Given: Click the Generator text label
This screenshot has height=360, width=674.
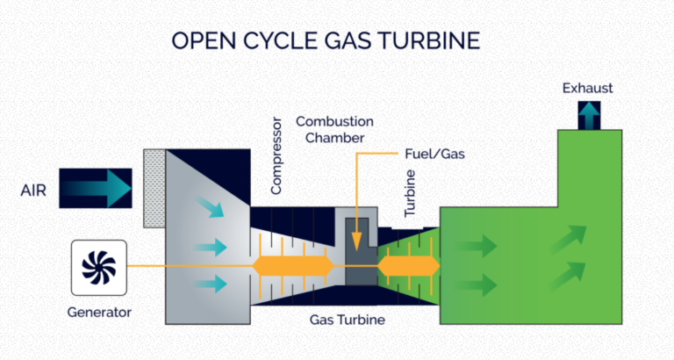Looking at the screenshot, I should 98,313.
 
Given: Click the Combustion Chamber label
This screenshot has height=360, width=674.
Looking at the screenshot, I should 334,129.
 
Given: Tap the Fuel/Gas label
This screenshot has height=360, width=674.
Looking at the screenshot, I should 436,154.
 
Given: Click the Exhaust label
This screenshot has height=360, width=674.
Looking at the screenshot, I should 588,88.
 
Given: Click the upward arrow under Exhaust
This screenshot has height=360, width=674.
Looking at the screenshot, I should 587,114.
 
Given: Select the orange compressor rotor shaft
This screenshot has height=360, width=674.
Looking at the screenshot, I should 291,265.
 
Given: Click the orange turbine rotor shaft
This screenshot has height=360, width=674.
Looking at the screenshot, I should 407,265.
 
